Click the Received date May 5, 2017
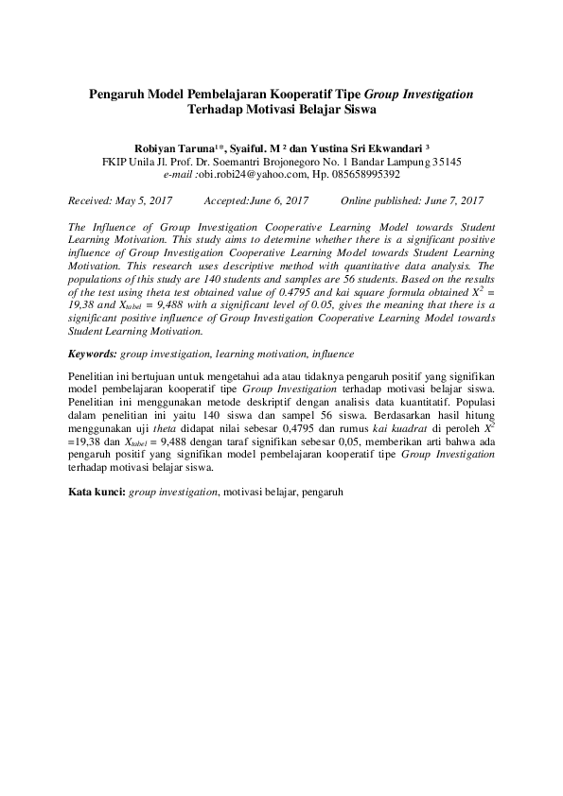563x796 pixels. (146, 200)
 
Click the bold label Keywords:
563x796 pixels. (94, 354)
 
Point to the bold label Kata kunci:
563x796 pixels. (97, 493)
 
